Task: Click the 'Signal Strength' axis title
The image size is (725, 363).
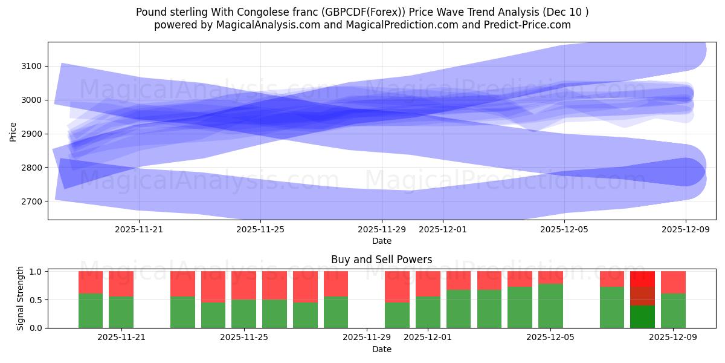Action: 21,298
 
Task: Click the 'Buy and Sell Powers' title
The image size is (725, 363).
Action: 381,260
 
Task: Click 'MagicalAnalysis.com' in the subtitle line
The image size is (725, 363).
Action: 263,25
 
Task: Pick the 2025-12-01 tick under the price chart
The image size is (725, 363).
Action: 442,229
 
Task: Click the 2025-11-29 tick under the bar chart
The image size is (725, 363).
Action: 366,337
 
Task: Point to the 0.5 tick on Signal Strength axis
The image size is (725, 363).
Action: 36,299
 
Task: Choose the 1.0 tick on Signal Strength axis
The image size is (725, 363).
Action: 36,272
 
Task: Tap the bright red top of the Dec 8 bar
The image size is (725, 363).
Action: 642,278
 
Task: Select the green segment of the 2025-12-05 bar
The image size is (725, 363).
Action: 550,306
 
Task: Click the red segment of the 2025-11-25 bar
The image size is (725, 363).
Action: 243,285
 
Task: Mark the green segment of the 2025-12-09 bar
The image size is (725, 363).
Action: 673,310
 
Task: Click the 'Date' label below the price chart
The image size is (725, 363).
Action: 381,241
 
